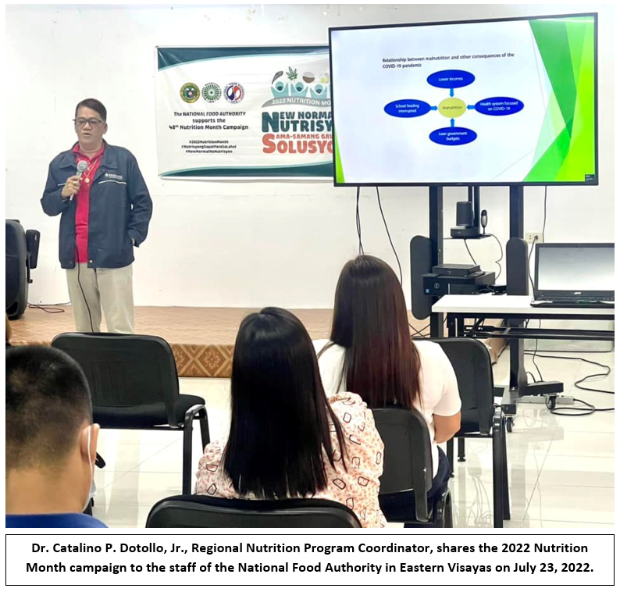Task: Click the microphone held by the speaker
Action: tap(80, 168)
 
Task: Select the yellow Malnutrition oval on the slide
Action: tap(451, 106)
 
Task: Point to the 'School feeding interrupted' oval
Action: tap(407, 108)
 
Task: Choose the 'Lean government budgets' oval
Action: tap(452, 136)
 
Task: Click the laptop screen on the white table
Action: tap(575, 269)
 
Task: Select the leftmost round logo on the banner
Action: tap(189, 93)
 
